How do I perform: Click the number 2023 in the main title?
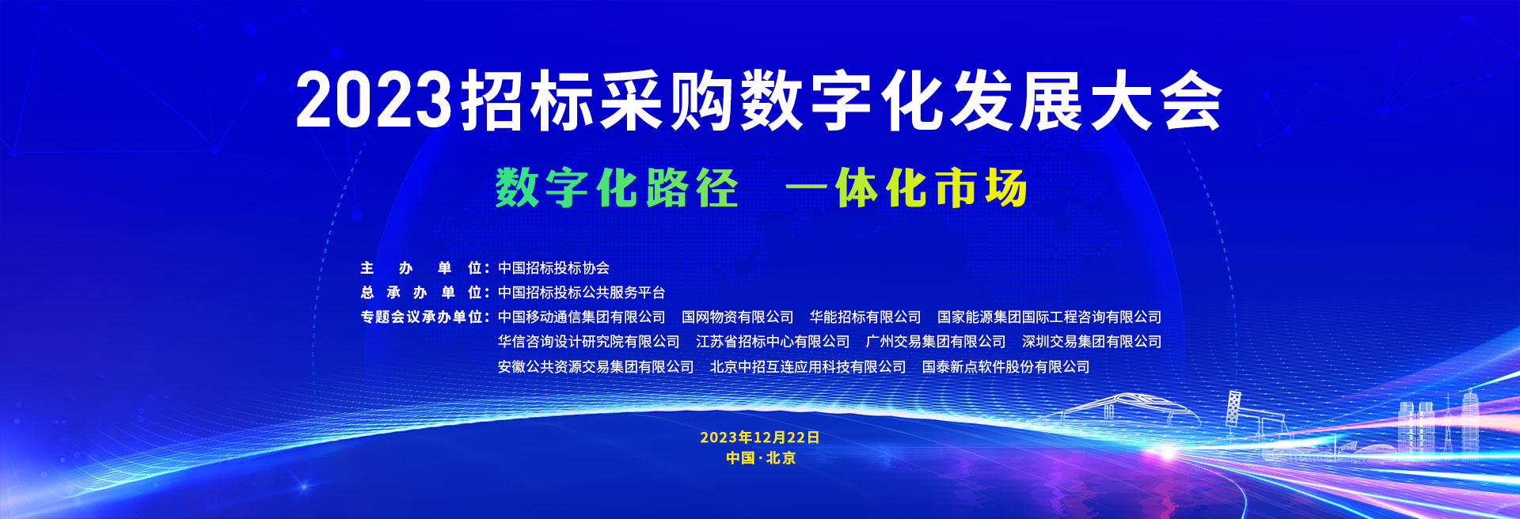[x=374, y=100]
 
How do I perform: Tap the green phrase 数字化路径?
[x=617, y=188]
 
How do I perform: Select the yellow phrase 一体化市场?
[x=906, y=188]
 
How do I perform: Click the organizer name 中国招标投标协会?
[x=553, y=268]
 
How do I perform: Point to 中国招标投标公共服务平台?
[x=581, y=293]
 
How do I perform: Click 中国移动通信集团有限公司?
[x=581, y=317]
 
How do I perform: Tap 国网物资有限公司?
[x=737, y=317]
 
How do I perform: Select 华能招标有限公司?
[x=865, y=317]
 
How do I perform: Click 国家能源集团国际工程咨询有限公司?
[x=1049, y=317]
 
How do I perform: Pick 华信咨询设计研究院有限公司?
[x=588, y=342]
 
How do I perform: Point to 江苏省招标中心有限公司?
[x=773, y=342]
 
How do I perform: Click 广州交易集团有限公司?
[x=936, y=342]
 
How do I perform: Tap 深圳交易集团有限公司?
[x=1092, y=342]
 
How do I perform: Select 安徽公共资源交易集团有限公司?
[x=595, y=367]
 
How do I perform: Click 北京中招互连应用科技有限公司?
[x=807, y=367]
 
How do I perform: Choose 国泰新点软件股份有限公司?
[x=1005, y=367]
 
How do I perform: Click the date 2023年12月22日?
[x=760, y=438]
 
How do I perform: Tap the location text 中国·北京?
[x=760, y=458]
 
